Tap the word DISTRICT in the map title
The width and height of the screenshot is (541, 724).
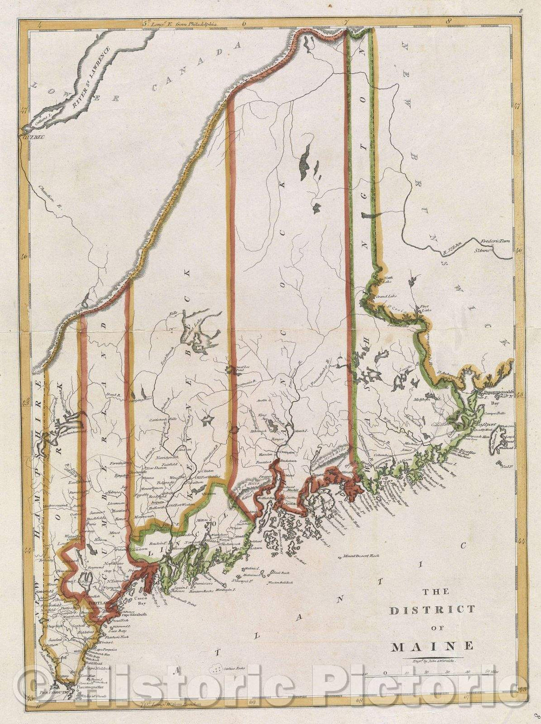point(432,609)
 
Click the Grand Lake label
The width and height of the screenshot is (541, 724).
point(387,296)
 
